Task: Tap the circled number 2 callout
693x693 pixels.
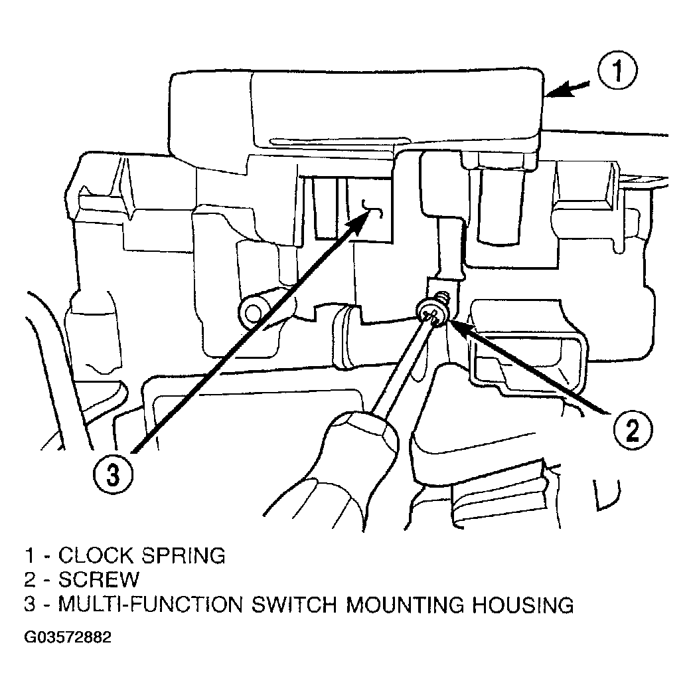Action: coord(633,430)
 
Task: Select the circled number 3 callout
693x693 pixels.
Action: coord(113,476)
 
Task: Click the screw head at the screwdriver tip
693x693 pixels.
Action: coord(433,314)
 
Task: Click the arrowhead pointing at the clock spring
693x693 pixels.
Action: coord(558,92)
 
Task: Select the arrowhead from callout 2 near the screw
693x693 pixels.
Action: coord(459,328)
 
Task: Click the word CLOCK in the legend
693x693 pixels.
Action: coord(95,555)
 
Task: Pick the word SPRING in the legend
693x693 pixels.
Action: coord(183,555)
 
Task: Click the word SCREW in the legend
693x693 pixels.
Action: coord(98,579)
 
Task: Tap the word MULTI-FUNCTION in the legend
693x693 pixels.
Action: coord(151,605)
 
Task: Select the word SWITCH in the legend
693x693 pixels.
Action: coord(294,605)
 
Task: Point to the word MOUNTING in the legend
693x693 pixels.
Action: coord(405,605)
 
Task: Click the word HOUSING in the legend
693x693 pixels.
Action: coord(523,605)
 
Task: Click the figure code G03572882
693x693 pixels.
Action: coord(68,637)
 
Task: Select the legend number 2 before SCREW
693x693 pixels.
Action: coord(30,579)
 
